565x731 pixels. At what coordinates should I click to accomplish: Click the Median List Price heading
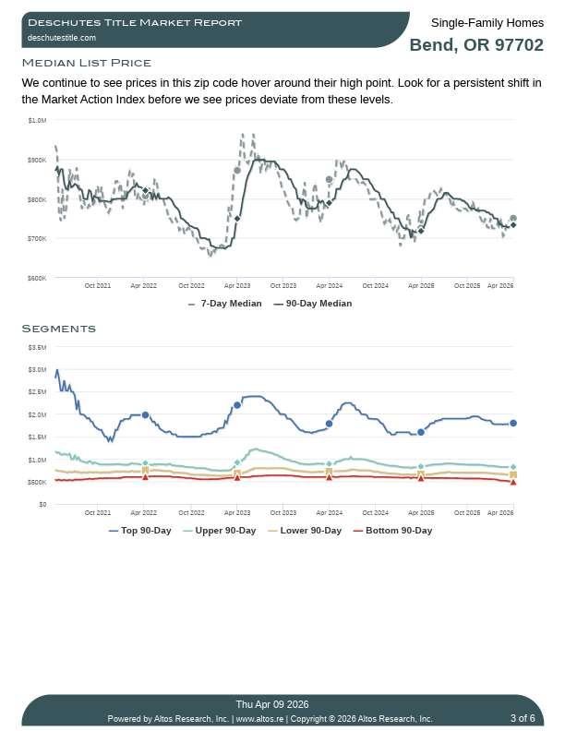click(86, 63)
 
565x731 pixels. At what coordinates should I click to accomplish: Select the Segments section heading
click(58, 329)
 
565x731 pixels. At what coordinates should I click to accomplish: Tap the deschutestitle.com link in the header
click(61, 38)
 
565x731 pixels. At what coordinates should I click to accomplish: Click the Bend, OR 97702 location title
click(475, 45)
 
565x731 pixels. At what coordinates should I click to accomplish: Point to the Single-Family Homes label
click(487, 22)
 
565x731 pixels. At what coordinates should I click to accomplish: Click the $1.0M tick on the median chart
click(37, 120)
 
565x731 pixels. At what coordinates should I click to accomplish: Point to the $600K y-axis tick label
click(37, 278)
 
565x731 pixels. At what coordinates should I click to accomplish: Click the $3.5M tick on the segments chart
click(37, 347)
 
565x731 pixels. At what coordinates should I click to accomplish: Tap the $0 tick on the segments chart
click(42, 505)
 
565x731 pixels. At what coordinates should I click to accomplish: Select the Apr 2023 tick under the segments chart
click(237, 512)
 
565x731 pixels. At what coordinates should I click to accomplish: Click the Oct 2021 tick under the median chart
click(97, 286)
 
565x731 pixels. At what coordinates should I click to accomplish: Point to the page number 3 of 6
click(522, 718)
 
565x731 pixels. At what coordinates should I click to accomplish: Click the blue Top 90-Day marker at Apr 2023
click(237, 405)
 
